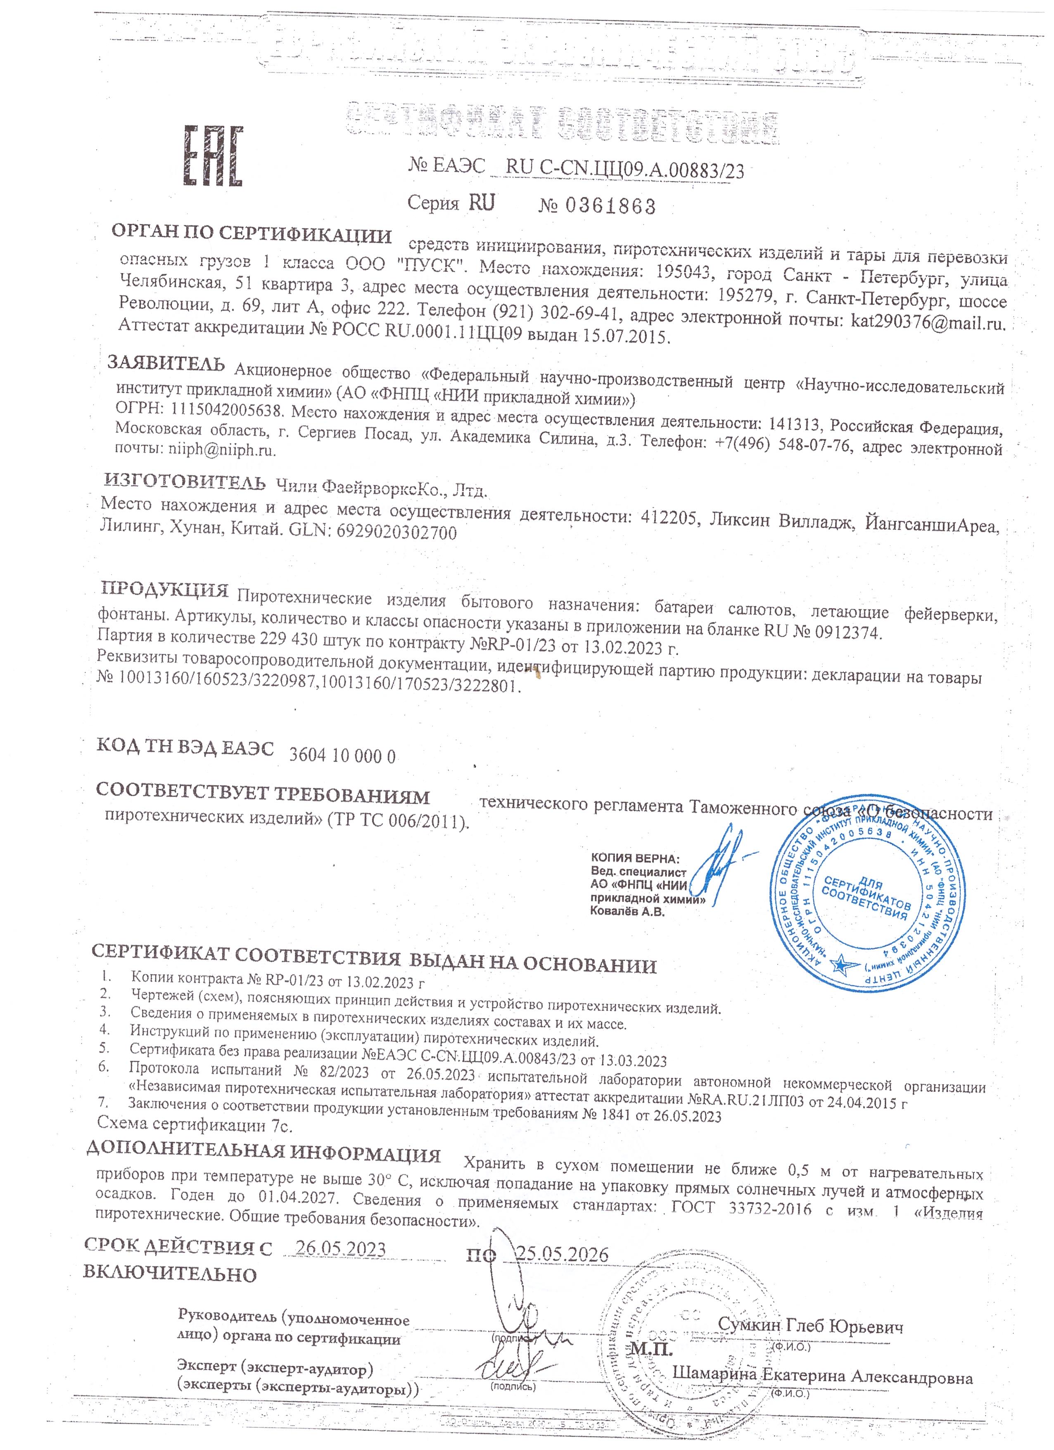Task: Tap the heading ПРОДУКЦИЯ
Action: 165,590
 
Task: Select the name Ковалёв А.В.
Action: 627,912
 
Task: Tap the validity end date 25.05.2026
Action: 562,1254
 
